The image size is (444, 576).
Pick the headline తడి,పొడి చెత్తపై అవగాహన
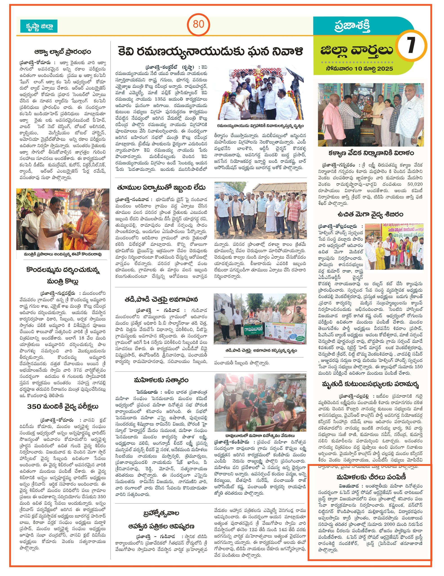[162, 300]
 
